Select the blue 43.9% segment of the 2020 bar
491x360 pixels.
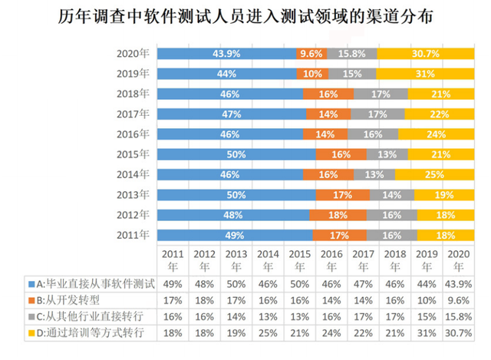click(x=226, y=54)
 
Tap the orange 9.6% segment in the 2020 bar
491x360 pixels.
click(x=311, y=54)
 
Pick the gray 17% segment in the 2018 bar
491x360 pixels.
click(x=379, y=94)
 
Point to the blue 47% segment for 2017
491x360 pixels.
click(x=232, y=114)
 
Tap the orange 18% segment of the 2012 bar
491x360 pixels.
click(x=338, y=214)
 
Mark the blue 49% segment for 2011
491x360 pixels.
click(x=235, y=234)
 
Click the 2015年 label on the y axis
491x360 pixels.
click(x=133, y=154)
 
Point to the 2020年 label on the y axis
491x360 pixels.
click(x=133, y=54)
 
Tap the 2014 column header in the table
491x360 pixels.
click(x=269, y=260)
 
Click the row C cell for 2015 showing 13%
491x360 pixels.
click(x=300, y=315)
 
